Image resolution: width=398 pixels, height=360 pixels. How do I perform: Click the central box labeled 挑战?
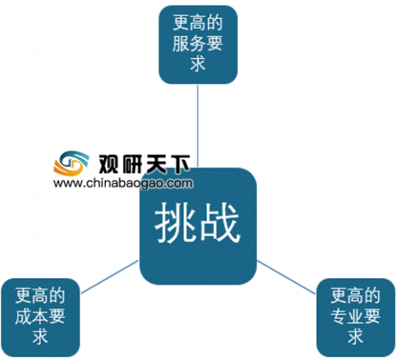coord(198,226)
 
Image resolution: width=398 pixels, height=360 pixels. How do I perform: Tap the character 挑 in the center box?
coord(175,223)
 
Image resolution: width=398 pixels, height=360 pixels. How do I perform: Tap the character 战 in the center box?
coord(220,223)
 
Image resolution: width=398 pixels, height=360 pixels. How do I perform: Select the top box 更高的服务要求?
coord(198,44)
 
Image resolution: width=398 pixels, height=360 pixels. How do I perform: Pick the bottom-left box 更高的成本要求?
coord(40,317)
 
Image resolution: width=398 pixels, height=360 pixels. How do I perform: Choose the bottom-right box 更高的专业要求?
coord(356,317)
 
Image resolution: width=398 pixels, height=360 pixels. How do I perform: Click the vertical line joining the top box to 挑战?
coord(197,126)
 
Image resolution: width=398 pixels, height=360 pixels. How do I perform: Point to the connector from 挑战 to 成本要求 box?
coord(109,277)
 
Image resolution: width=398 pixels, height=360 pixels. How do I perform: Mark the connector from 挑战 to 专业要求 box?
coord(286,277)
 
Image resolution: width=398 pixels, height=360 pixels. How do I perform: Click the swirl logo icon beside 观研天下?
coord(71,163)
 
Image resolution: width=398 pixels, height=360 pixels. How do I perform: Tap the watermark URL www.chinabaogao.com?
coord(123,183)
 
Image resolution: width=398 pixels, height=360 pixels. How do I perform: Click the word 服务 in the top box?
coord(189,44)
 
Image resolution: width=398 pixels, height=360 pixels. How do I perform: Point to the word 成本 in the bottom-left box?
coord(31,316)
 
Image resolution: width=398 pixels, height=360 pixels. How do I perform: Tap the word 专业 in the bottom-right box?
coord(347,316)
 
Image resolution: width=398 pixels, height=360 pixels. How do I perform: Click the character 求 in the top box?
coord(198,64)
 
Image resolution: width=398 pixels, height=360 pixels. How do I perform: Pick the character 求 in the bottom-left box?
coord(41,336)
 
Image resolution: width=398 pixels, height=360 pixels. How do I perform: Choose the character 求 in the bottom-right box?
coord(356,336)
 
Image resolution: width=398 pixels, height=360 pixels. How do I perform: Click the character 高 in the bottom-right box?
coord(356,296)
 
